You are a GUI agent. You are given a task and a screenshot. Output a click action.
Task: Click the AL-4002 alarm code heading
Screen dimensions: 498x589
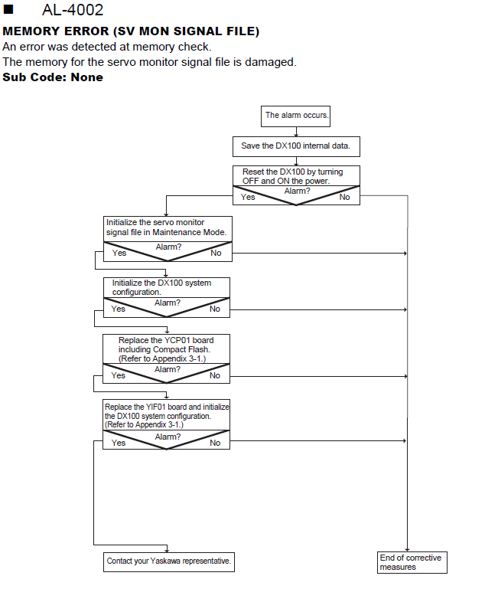coord(73,10)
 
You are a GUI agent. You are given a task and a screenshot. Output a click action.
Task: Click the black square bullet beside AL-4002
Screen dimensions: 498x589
coord(8,9)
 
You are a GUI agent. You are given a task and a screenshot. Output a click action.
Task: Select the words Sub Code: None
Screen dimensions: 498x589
coord(53,77)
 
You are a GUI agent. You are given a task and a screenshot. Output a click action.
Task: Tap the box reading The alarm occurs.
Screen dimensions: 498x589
coord(296,116)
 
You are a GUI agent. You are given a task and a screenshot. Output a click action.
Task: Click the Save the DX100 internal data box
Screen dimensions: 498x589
coord(296,146)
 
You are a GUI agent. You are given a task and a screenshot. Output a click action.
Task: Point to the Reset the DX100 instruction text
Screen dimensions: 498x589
coord(292,176)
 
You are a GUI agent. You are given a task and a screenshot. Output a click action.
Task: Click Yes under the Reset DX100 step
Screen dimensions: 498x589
coord(248,197)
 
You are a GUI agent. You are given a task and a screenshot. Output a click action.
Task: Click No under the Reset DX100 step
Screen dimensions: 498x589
coord(344,197)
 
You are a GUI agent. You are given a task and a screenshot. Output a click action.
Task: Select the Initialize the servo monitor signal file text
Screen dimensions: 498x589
coord(166,227)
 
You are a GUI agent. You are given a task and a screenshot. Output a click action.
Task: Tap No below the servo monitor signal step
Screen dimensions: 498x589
coord(216,254)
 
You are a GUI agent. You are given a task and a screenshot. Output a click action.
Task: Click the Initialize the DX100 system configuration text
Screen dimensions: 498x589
coord(161,287)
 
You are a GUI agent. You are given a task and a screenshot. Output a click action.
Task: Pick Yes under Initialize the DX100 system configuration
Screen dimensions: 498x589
coord(119,309)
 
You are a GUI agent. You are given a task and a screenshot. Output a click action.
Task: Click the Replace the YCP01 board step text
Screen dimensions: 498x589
coord(166,349)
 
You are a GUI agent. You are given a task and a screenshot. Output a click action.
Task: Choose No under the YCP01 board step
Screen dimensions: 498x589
coord(215,375)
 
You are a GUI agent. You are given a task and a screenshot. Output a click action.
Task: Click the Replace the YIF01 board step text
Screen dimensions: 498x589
coord(167,416)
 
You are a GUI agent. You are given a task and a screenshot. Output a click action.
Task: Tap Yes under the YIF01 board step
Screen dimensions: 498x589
coord(119,443)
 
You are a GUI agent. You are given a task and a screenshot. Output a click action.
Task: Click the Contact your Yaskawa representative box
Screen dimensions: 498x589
coord(169,562)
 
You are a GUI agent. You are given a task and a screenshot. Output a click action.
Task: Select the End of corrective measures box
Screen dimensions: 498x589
coord(412,562)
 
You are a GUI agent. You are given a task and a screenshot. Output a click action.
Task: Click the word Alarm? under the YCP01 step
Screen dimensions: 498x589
coord(168,370)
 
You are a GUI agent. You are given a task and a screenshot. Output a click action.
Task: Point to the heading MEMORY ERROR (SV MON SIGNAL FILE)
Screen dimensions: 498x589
coord(131,31)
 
